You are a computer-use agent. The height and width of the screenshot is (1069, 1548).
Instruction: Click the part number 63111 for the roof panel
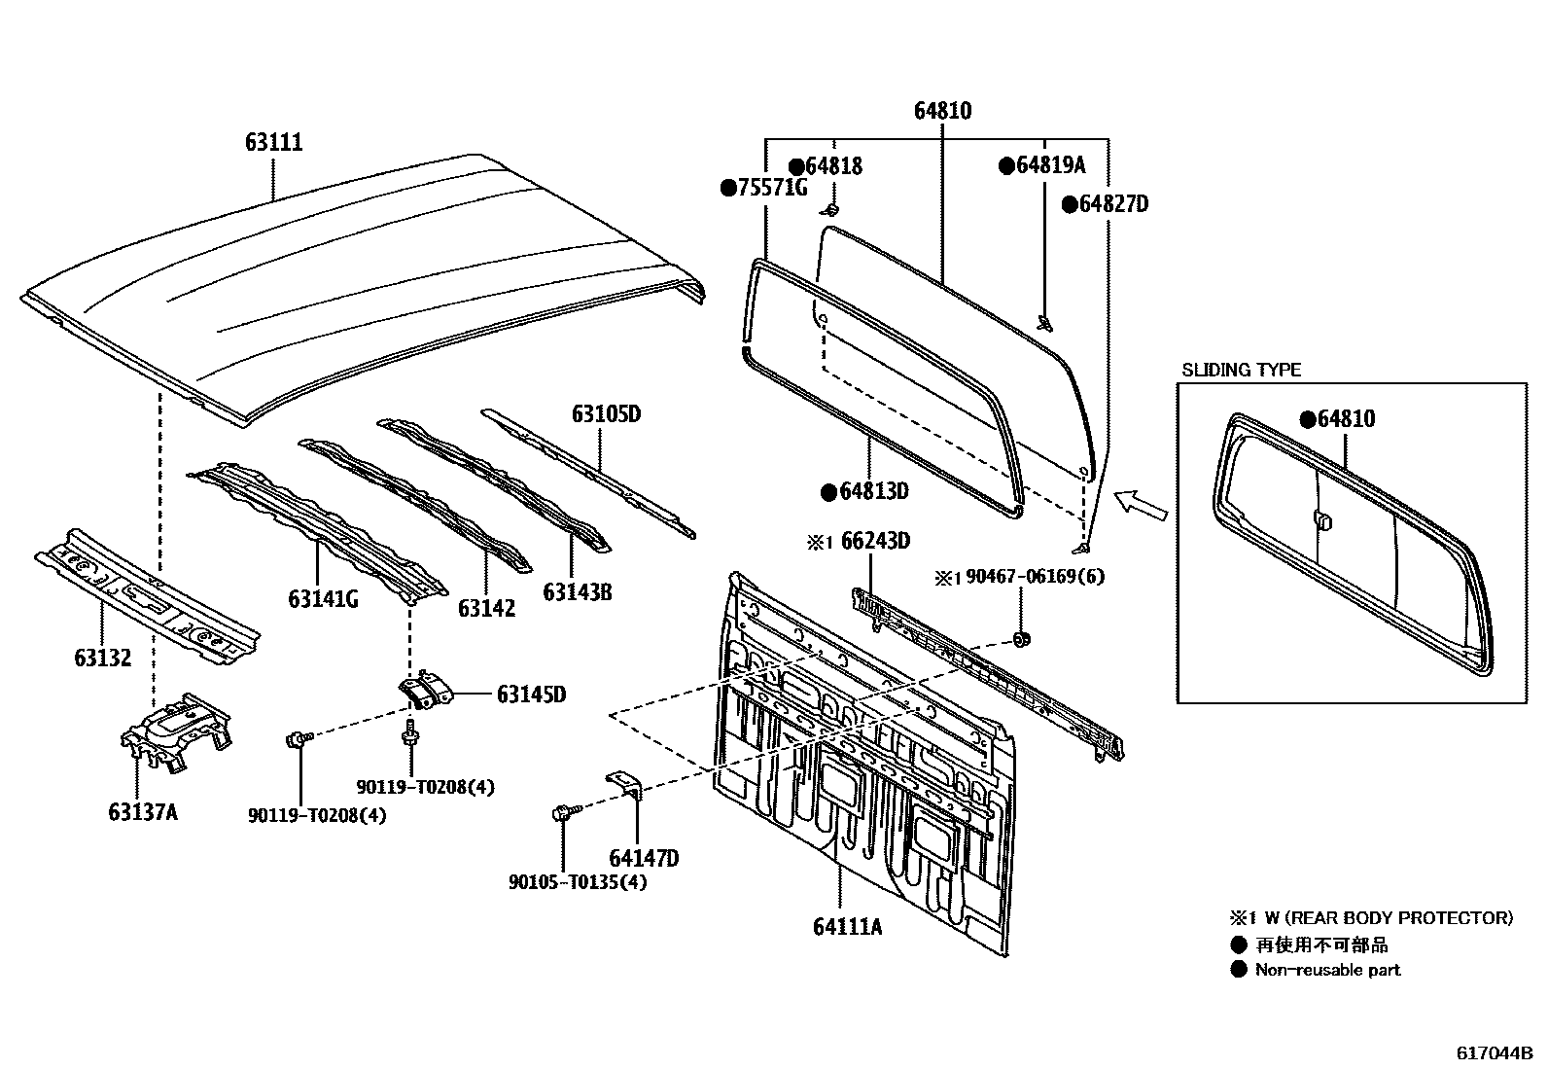click(273, 143)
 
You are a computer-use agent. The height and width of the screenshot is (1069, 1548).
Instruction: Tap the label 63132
click(102, 658)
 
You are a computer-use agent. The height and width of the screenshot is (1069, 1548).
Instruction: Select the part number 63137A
click(143, 811)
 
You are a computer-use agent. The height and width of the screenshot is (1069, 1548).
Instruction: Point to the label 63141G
click(323, 598)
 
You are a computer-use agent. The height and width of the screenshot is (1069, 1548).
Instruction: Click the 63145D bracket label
click(531, 695)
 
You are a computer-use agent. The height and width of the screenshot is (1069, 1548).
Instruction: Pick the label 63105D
click(606, 414)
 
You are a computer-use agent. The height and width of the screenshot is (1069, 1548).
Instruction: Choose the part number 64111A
click(847, 926)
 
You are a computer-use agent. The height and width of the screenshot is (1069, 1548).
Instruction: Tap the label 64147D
click(644, 858)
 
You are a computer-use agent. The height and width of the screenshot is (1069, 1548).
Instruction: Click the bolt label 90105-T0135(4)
click(578, 882)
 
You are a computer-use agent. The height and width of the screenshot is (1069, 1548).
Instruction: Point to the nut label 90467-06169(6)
click(1033, 576)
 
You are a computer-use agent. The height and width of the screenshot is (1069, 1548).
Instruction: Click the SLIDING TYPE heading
click(1241, 370)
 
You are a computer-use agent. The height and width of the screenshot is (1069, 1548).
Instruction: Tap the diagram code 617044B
click(1494, 1052)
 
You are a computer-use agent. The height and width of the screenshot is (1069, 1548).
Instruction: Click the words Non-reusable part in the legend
click(1327, 969)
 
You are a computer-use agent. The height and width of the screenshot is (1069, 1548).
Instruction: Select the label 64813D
click(873, 491)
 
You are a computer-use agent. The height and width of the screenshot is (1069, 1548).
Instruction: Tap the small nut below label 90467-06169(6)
click(1020, 639)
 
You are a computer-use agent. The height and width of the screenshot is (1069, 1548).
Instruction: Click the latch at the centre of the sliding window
click(1322, 520)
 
